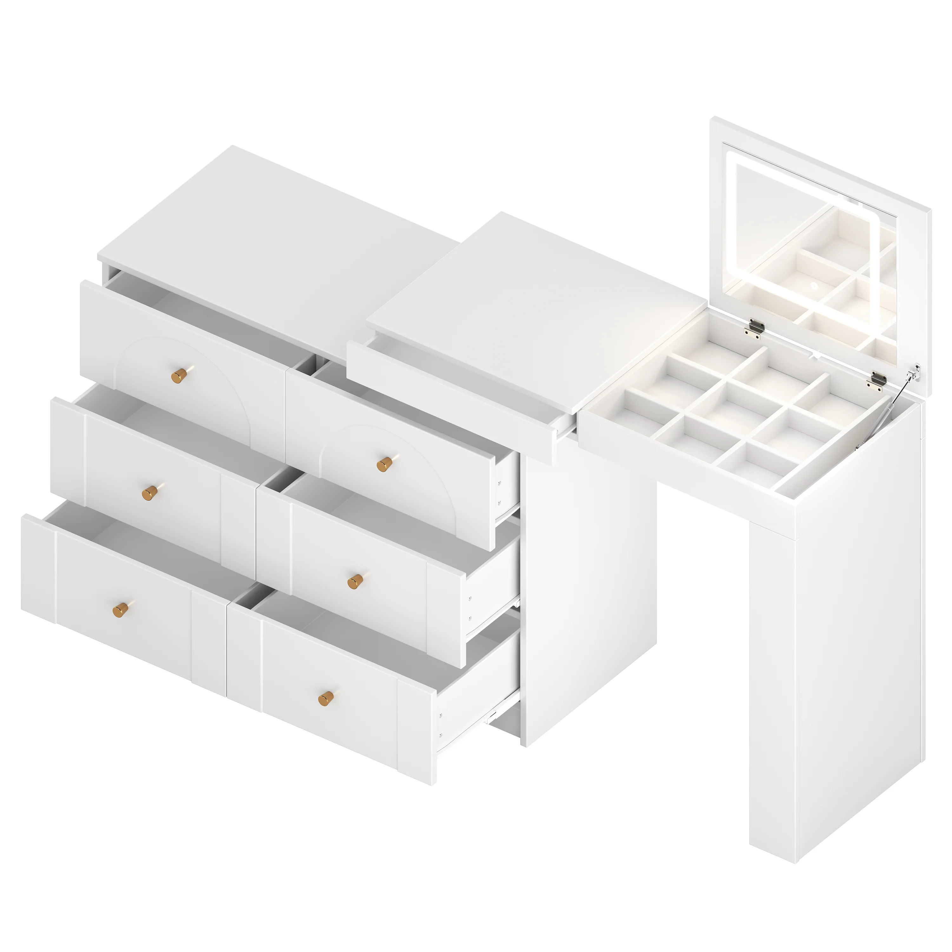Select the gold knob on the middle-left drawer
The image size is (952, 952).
(x=151, y=492)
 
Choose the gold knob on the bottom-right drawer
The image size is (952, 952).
(x=326, y=698)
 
